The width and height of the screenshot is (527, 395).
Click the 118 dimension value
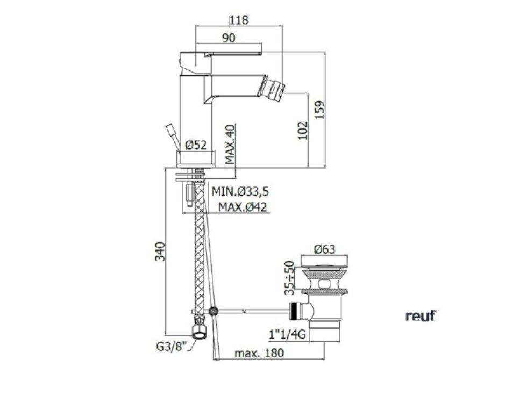(x=240, y=20)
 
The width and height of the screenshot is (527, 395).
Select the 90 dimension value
(x=229, y=38)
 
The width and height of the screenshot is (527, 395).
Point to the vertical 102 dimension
(x=302, y=130)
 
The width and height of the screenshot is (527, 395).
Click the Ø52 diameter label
(x=196, y=145)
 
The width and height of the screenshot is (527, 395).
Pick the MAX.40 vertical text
(x=230, y=145)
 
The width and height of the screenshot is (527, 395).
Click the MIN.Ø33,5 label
(x=240, y=192)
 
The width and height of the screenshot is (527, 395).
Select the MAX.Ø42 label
(x=243, y=207)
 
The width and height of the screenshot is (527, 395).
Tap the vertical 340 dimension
(x=160, y=252)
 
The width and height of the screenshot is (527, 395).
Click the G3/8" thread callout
(x=171, y=346)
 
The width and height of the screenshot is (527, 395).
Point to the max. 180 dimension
(x=259, y=353)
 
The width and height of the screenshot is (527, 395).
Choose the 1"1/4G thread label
(x=287, y=334)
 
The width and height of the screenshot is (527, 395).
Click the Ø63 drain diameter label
(x=324, y=249)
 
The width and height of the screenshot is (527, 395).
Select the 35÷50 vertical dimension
(x=289, y=278)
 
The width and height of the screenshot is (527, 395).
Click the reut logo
(x=421, y=316)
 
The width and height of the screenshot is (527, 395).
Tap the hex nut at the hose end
(x=199, y=332)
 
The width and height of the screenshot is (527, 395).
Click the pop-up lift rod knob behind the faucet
(x=170, y=130)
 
